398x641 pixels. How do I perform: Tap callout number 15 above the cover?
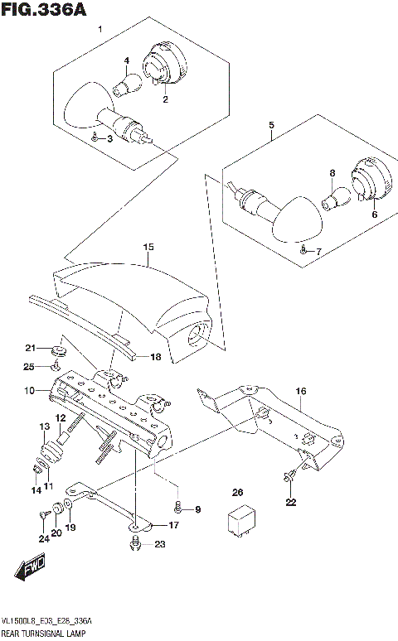point(148,247)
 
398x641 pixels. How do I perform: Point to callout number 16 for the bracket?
point(300,391)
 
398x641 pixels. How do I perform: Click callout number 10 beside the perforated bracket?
point(28,389)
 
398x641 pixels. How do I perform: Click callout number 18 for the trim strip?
point(155,357)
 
